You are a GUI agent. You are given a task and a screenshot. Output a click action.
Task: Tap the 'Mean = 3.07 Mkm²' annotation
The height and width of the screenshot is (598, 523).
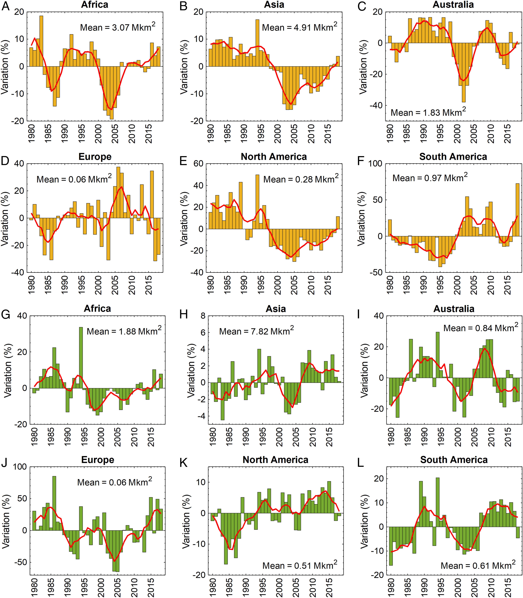tap(118, 27)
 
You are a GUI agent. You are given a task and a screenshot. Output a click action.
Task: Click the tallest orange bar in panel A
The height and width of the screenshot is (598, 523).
tap(41, 41)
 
